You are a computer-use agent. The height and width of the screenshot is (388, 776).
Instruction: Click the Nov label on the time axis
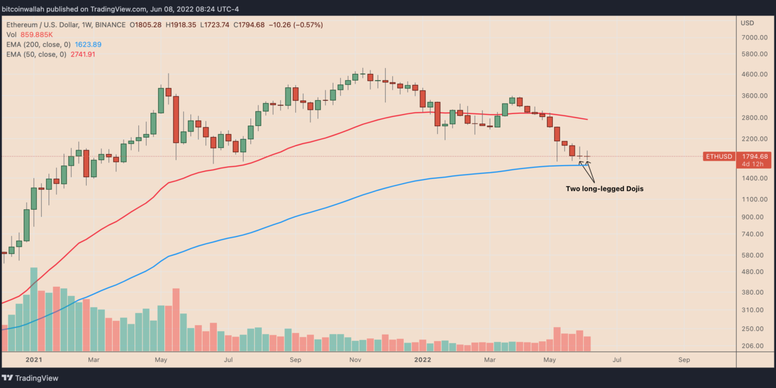[x=355, y=360]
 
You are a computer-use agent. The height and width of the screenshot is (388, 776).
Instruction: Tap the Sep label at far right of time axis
[x=684, y=360]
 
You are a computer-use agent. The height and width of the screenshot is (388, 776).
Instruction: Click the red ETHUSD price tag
[x=718, y=156]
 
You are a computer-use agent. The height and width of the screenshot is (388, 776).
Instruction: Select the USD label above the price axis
[x=747, y=23]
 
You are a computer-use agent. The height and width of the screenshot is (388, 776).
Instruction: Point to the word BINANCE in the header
[x=110, y=25]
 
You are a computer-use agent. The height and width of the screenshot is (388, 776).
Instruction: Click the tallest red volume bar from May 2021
[x=176, y=319]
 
